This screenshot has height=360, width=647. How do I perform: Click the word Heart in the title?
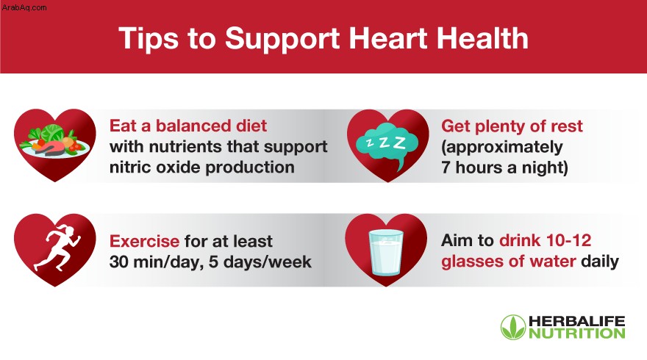tap(389, 38)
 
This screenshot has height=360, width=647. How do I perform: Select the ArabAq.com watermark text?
tap(24, 7)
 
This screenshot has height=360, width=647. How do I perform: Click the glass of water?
tap(386, 252)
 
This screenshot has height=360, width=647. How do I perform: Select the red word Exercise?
tap(144, 241)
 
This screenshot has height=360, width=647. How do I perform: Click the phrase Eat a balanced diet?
tap(188, 126)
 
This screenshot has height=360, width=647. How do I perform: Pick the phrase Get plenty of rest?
tap(512, 126)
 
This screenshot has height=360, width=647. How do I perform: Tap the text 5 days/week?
tap(260, 262)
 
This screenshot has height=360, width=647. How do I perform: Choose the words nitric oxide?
tap(155, 168)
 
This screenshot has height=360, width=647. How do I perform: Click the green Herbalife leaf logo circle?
tap(513, 328)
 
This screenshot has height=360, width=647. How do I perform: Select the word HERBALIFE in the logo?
tap(577, 321)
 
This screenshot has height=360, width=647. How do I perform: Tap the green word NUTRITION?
tap(577, 334)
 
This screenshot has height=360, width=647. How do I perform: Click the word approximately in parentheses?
tap(502, 147)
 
